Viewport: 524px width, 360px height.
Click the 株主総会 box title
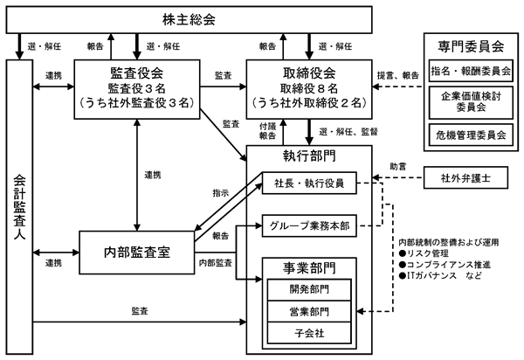pyautogui.click(x=189, y=19)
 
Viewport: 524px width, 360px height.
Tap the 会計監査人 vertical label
pyautogui.click(x=19, y=206)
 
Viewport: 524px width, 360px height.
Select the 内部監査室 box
pyautogui.click(x=137, y=253)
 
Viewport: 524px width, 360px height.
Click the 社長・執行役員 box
pyautogui.click(x=309, y=183)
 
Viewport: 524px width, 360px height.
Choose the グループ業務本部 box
pyautogui.click(x=309, y=226)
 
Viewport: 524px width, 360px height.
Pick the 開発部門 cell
pyautogui.click(x=309, y=289)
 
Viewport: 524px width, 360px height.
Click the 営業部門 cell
pyautogui.click(x=309, y=312)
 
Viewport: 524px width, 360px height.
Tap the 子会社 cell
pyautogui.click(x=309, y=333)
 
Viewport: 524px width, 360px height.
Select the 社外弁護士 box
pyautogui.click(x=465, y=178)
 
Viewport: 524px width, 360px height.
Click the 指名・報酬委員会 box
pyautogui.click(x=471, y=71)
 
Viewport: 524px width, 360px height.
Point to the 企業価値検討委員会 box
pyautogui.click(x=471, y=102)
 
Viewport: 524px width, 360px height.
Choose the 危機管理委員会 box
pyautogui.click(x=471, y=135)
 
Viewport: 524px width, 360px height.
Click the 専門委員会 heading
pyautogui.click(x=471, y=46)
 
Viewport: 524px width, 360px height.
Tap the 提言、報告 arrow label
pyautogui.click(x=398, y=75)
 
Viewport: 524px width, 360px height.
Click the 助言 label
pyautogui.click(x=398, y=166)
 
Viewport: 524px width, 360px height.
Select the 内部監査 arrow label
pyautogui.click(x=216, y=263)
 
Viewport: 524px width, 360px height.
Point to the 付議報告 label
pyautogui.click(x=268, y=131)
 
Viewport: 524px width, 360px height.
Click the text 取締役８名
pyautogui.click(x=309, y=88)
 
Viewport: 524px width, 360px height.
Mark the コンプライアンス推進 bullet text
pyautogui.click(x=445, y=265)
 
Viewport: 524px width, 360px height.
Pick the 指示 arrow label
pyautogui.click(x=221, y=193)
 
